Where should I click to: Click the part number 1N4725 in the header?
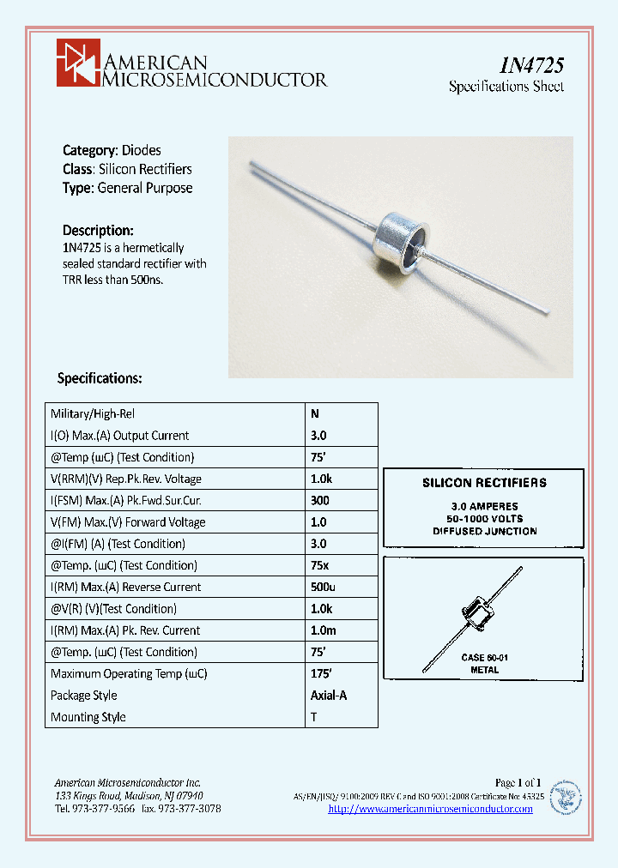pyautogui.click(x=531, y=65)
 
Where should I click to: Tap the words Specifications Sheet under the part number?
pyautogui.click(x=506, y=87)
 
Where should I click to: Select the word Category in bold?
pyautogui.click(x=89, y=150)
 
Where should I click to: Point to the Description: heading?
pyautogui.click(x=98, y=230)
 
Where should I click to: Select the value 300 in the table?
pyautogui.click(x=319, y=500)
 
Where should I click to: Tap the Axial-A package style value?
pyautogui.click(x=328, y=696)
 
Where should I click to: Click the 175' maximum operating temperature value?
pyautogui.click(x=321, y=674)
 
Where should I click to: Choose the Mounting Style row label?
pyautogui.click(x=88, y=717)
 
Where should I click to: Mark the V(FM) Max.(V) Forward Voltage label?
pyautogui.click(x=128, y=521)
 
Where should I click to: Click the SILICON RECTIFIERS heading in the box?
pyautogui.click(x=484, y=483)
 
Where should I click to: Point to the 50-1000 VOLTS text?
pyautogui.click(x=485, y=519)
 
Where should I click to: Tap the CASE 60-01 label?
pyautogui.click(x=484, y=657)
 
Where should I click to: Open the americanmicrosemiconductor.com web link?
pyautogui.click(x=430, y=809)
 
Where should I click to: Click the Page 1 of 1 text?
pyautogui.click(x=518, y=782)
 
